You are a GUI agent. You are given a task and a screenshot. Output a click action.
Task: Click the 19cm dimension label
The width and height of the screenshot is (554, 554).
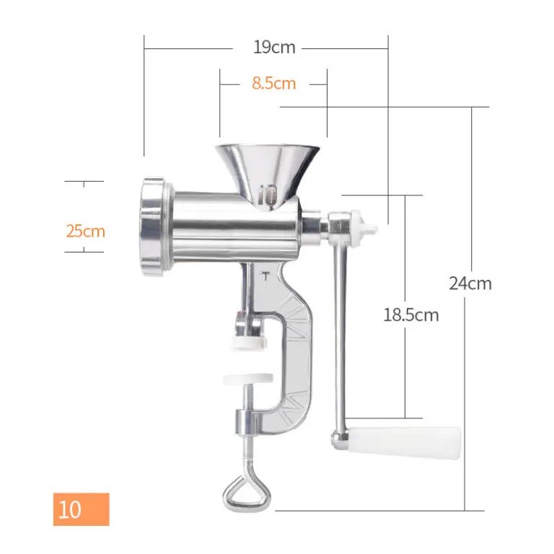point(274,48)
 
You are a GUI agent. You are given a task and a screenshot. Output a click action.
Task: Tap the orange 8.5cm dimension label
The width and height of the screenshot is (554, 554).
point(274,84)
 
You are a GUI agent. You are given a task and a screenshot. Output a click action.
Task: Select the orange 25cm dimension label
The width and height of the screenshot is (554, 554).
point(86,232)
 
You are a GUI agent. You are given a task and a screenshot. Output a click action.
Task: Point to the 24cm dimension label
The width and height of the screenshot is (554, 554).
point(470,283)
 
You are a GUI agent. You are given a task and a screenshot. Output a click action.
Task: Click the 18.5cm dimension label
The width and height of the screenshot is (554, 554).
point(411,315)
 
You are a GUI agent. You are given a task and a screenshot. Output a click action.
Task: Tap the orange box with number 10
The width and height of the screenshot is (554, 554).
point(82,509)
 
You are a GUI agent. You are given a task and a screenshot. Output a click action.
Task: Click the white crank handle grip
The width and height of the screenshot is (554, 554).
point(405,441)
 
